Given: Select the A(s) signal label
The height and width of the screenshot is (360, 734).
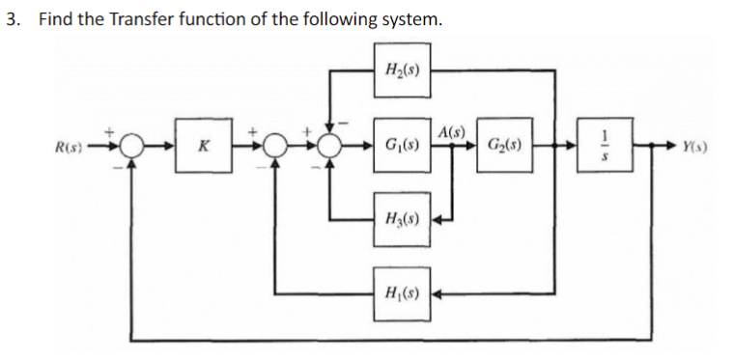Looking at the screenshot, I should coord(450,131).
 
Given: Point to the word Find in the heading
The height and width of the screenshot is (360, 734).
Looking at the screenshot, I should coord(56,19).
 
